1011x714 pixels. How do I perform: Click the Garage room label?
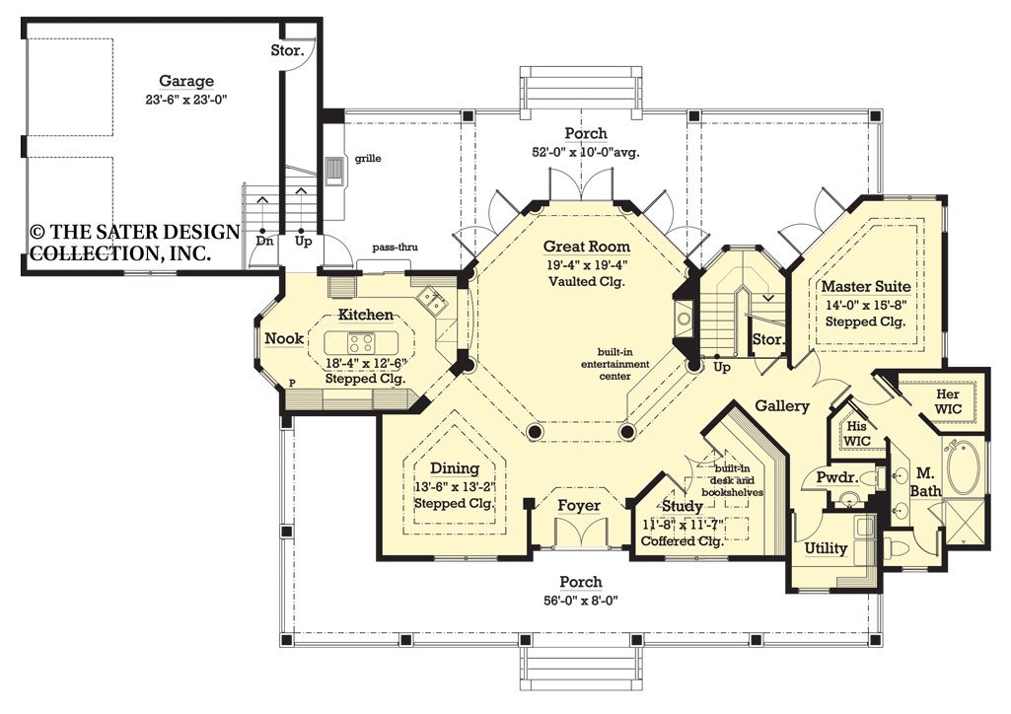(x=186, y=81)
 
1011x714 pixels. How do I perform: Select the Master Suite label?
(x=865, y=287)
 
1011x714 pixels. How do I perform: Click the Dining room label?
(x=454, y=468)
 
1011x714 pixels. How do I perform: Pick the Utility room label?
(x=826, y=548)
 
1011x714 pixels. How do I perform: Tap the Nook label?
(x=284, y=338)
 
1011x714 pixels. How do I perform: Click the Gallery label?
(x=782, y=405)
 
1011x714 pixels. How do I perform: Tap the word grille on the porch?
(x=370, y=157)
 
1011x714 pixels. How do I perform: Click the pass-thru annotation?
(x=393, y=248)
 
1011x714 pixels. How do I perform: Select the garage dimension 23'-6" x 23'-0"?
(x=186, y=99)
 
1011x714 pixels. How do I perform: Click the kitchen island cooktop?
(x=360, y=344)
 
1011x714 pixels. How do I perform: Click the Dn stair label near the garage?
(x=263, y=240)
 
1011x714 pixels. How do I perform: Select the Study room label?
(x=682, y=507)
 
